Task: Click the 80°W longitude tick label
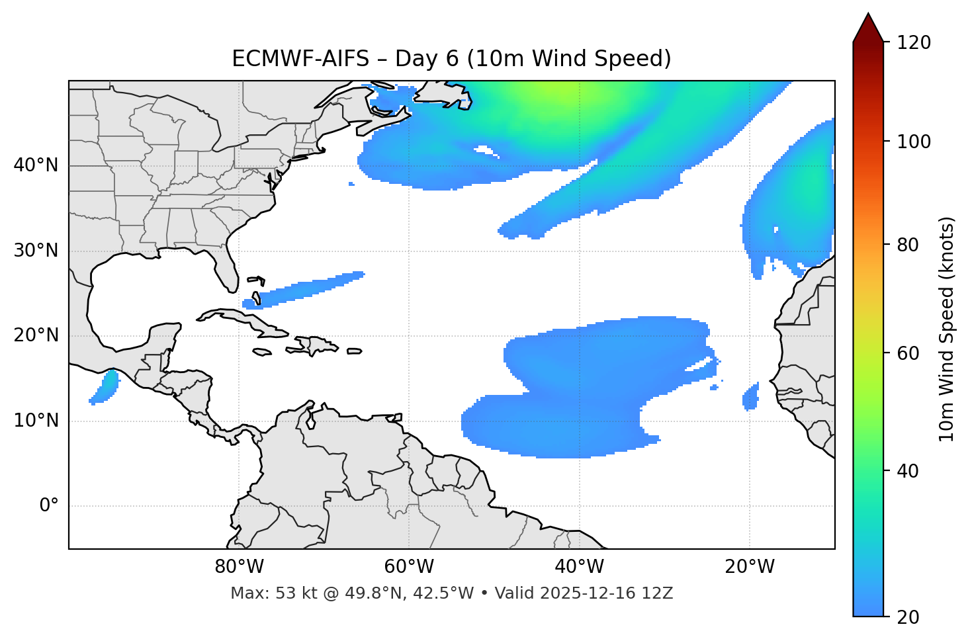click(239, 567)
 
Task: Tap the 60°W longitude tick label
click(409, 567)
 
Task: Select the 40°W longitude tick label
click(579, 567)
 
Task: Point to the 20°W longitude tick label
click(749, 567)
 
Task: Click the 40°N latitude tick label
click(36, 165)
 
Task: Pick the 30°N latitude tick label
click(36, 251)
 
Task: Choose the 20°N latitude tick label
click(36, 335)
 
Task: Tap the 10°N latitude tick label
click(36, 421)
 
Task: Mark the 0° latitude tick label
click(49, 506)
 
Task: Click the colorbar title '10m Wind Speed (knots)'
click(947, 329)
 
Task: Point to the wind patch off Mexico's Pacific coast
click(105, 387)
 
